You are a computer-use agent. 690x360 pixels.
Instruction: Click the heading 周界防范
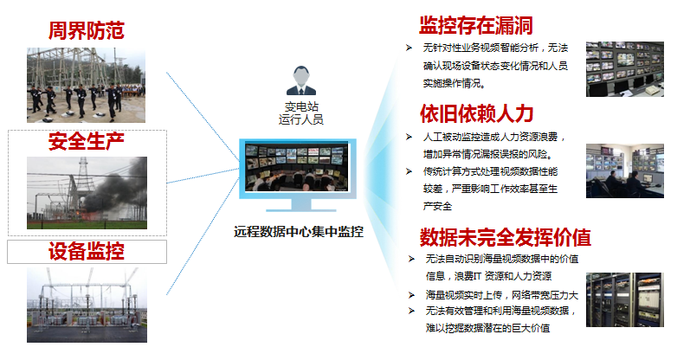coord(87,31)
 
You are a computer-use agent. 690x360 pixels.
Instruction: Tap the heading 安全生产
coord(87,142)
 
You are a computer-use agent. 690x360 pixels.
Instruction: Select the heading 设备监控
coord(87,252)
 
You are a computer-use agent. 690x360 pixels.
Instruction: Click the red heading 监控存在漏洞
coord(475,25)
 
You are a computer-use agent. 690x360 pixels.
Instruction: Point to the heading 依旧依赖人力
coord(476,113)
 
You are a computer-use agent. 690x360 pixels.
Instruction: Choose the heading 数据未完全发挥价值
coord(505,238)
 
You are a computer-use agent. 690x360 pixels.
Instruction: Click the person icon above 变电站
coord(301,80)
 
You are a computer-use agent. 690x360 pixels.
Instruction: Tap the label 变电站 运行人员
coord(301,113)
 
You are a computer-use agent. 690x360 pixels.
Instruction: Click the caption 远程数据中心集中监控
coord(299,232)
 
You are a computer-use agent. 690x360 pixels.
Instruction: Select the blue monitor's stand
coord(298,205)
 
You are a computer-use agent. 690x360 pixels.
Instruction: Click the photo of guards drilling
coord(86,85)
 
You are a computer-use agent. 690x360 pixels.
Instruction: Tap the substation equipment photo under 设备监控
coord(87,305)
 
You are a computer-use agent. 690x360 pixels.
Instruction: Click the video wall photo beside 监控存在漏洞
coord(625,69)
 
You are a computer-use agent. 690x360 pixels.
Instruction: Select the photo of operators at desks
coord(625,170)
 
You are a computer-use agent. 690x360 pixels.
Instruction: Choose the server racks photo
coord(625,299)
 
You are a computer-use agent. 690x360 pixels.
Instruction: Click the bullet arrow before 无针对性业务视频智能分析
coord(409,48)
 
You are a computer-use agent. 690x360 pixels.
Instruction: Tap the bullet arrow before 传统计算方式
coord(409,171)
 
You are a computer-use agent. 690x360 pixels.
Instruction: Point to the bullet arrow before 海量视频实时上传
coord(411,295)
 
